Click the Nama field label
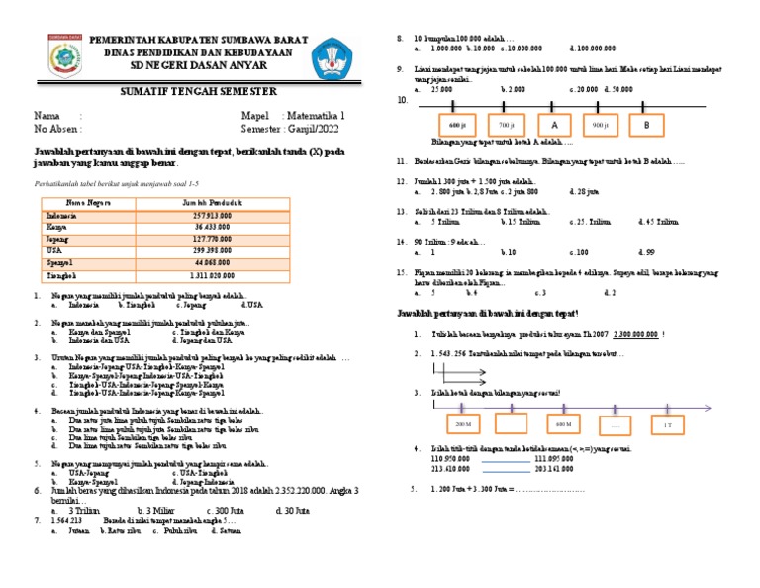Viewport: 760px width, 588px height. tap(47, 115)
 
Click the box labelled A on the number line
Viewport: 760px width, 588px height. tap(555, 126)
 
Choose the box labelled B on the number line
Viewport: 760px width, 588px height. tap(646, 126)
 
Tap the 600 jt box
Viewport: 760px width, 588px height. tap(455, 126)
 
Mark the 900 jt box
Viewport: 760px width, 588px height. tap(600, 126)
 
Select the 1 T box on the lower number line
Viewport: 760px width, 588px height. tap(667, 424)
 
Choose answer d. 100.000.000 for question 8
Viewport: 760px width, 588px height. tap(593, 48)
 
